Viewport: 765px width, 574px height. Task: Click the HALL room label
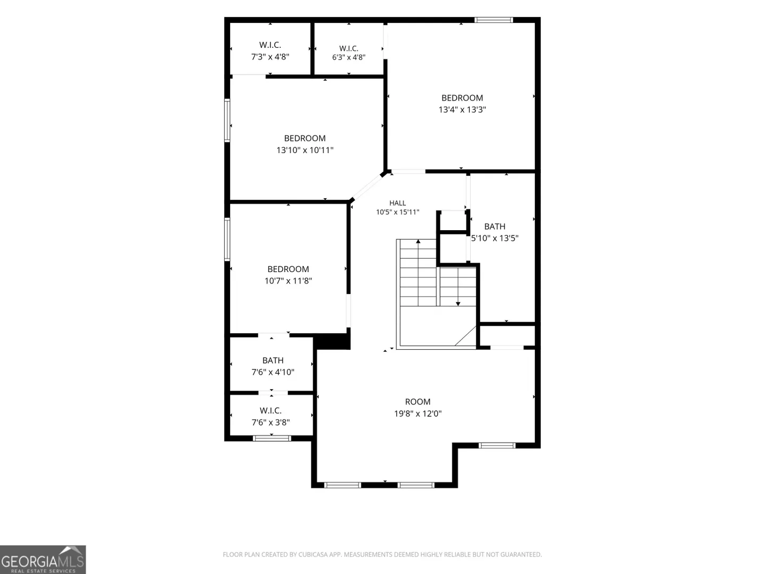pyautogui.click(x=397, y=203)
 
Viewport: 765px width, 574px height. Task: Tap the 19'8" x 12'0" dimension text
pyautogui.click(x=418, y=413)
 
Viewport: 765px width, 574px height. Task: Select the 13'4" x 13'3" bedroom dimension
pyautogui.click(x=462, y=109)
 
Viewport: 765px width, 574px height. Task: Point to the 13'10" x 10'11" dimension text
pyautogui.click(x=305, y=150)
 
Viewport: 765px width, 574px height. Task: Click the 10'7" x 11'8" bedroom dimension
pyautogui.click(x=288, y=281)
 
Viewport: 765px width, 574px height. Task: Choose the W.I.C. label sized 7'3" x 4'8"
pyautogui.click(x=270, y=45)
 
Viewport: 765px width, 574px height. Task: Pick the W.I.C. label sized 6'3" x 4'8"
pyautogui.click(x=348, y=48)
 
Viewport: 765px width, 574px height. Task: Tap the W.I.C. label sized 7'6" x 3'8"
pyautogui.click(x=270, y=410)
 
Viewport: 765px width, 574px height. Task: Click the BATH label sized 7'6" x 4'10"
pyautogui.click(x=273, y=360)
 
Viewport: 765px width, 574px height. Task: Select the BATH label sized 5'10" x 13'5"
pyautogui.click(x=495, y=226)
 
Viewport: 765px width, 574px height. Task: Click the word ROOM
pyautogui.click(x=418, y=402)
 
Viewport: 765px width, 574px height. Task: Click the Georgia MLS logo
pyautogui.click(x=43, y=559)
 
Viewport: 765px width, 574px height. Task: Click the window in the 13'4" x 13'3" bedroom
pyautogui.click(x=494, y=20)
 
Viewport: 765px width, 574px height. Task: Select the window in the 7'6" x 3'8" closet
pyautogui.click(x=272, y=438)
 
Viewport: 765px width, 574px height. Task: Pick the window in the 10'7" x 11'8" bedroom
pyautogui.click(x=227, y=239)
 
